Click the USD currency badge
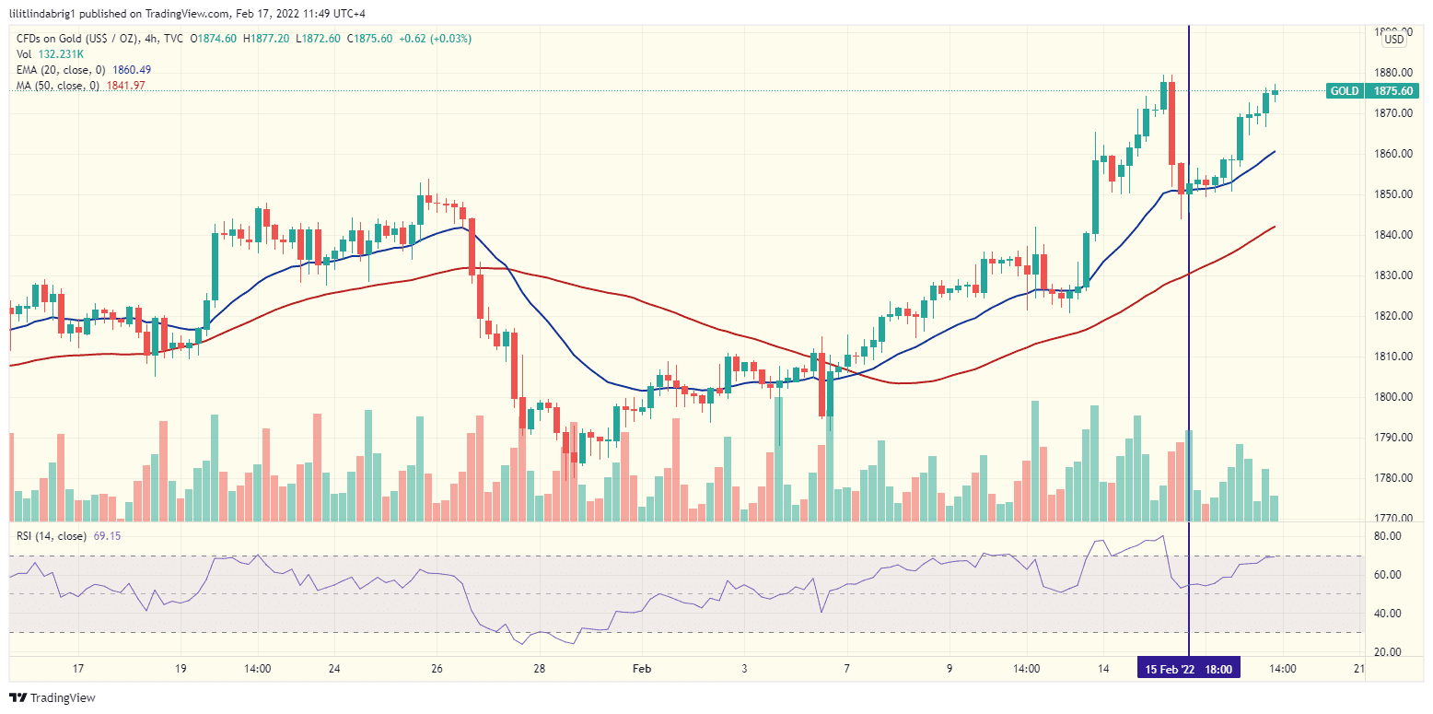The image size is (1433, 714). pos(1394,39)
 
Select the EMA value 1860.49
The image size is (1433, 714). pos(132,70)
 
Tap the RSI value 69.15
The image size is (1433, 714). pos(107,535)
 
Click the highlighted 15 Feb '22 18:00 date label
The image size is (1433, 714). pos(1189,668)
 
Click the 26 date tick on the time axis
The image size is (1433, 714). pos(437,668)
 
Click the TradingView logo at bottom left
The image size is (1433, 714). pos(52,697)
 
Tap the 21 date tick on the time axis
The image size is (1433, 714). pos(1359,668)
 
